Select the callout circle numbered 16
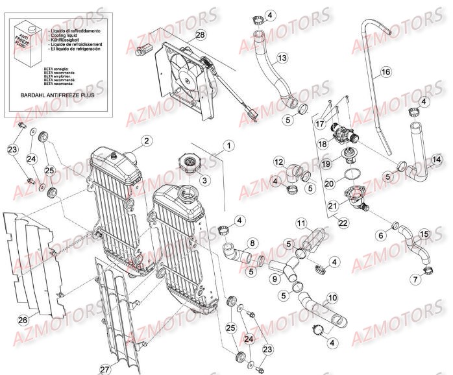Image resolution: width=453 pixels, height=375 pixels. click(385, 71)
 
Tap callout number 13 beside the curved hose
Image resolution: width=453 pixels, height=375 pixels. click(282, 58)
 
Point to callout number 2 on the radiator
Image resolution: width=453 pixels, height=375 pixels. click(147, 141)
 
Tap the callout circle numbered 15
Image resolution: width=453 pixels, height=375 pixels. click(424, 233)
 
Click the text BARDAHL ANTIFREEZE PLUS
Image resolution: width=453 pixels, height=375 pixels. click(52, 95)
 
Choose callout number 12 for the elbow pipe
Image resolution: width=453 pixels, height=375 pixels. click(278, 162)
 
